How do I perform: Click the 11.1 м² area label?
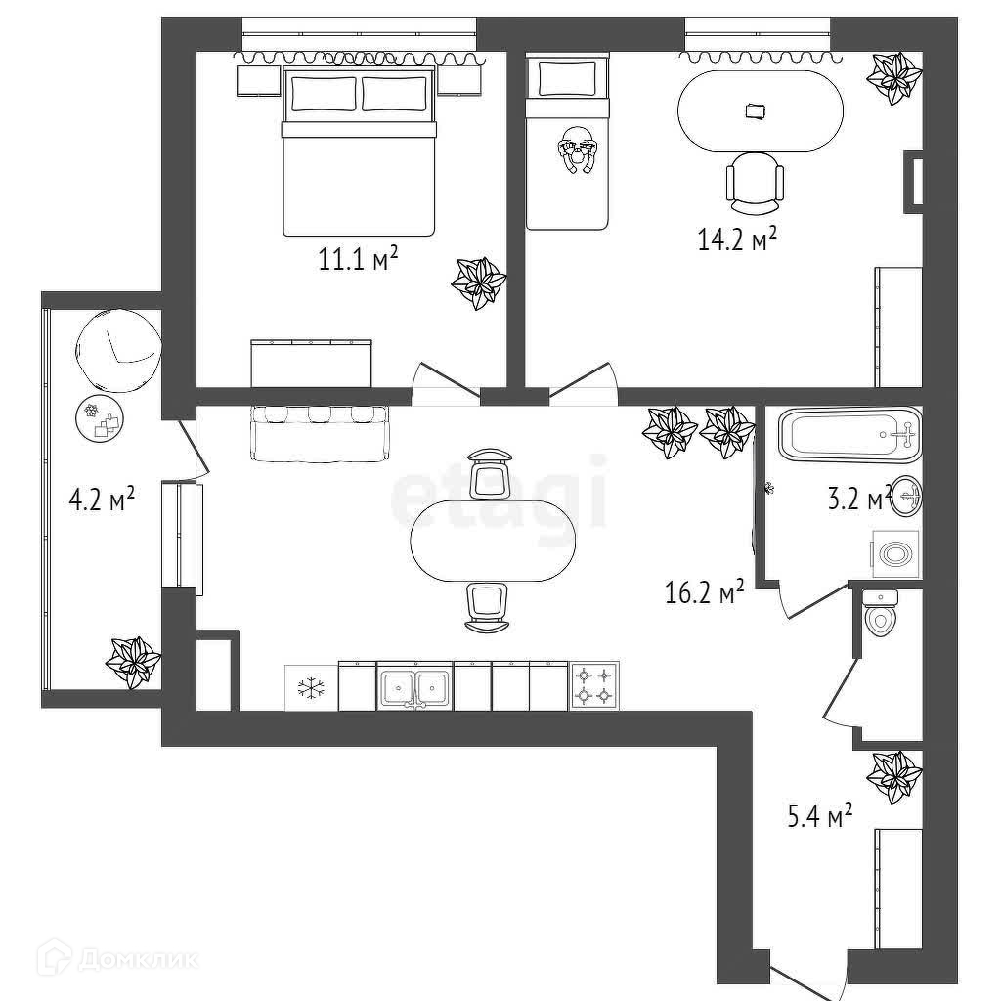click(x=358, y=261)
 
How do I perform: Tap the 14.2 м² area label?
click(x=736, y=239)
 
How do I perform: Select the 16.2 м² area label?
click(x=705, y=591)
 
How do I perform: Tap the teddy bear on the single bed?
click(x=578, y=151)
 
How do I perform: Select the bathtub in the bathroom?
click(x=849, y=433)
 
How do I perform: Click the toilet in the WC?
click(x=883, y=615)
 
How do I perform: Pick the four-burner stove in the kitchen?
click(x=594, y=685)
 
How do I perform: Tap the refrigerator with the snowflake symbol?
click(x=310, y=688)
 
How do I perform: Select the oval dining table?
click(x=493, y=541)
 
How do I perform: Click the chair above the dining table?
click(x=490, y=472)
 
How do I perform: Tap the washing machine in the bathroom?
click(x=894, y=553)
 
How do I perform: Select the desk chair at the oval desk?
click(x=755, y=182)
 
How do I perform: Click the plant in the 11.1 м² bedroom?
click(x=479, y=283)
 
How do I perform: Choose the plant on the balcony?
click(x=133, y=661)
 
